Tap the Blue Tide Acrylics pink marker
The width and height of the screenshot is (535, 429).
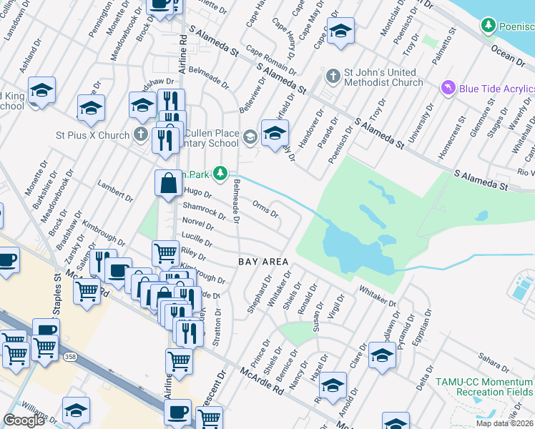[x=448, y=88]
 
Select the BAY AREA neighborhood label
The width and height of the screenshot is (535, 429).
[x=263, y=262]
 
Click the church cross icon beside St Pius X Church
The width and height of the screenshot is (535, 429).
[x=141, y=134]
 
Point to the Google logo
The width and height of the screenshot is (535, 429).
[x=24, y=420]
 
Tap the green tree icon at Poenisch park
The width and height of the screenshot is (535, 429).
[x=489, y=26]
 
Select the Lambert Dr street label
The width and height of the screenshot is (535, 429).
[x=116, y=192]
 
